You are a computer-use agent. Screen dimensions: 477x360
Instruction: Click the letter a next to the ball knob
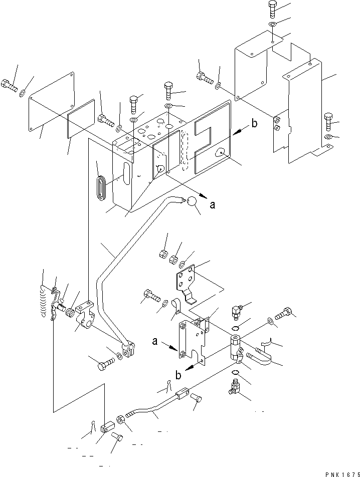213,204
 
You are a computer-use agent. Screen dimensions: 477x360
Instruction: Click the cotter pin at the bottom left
94,426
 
